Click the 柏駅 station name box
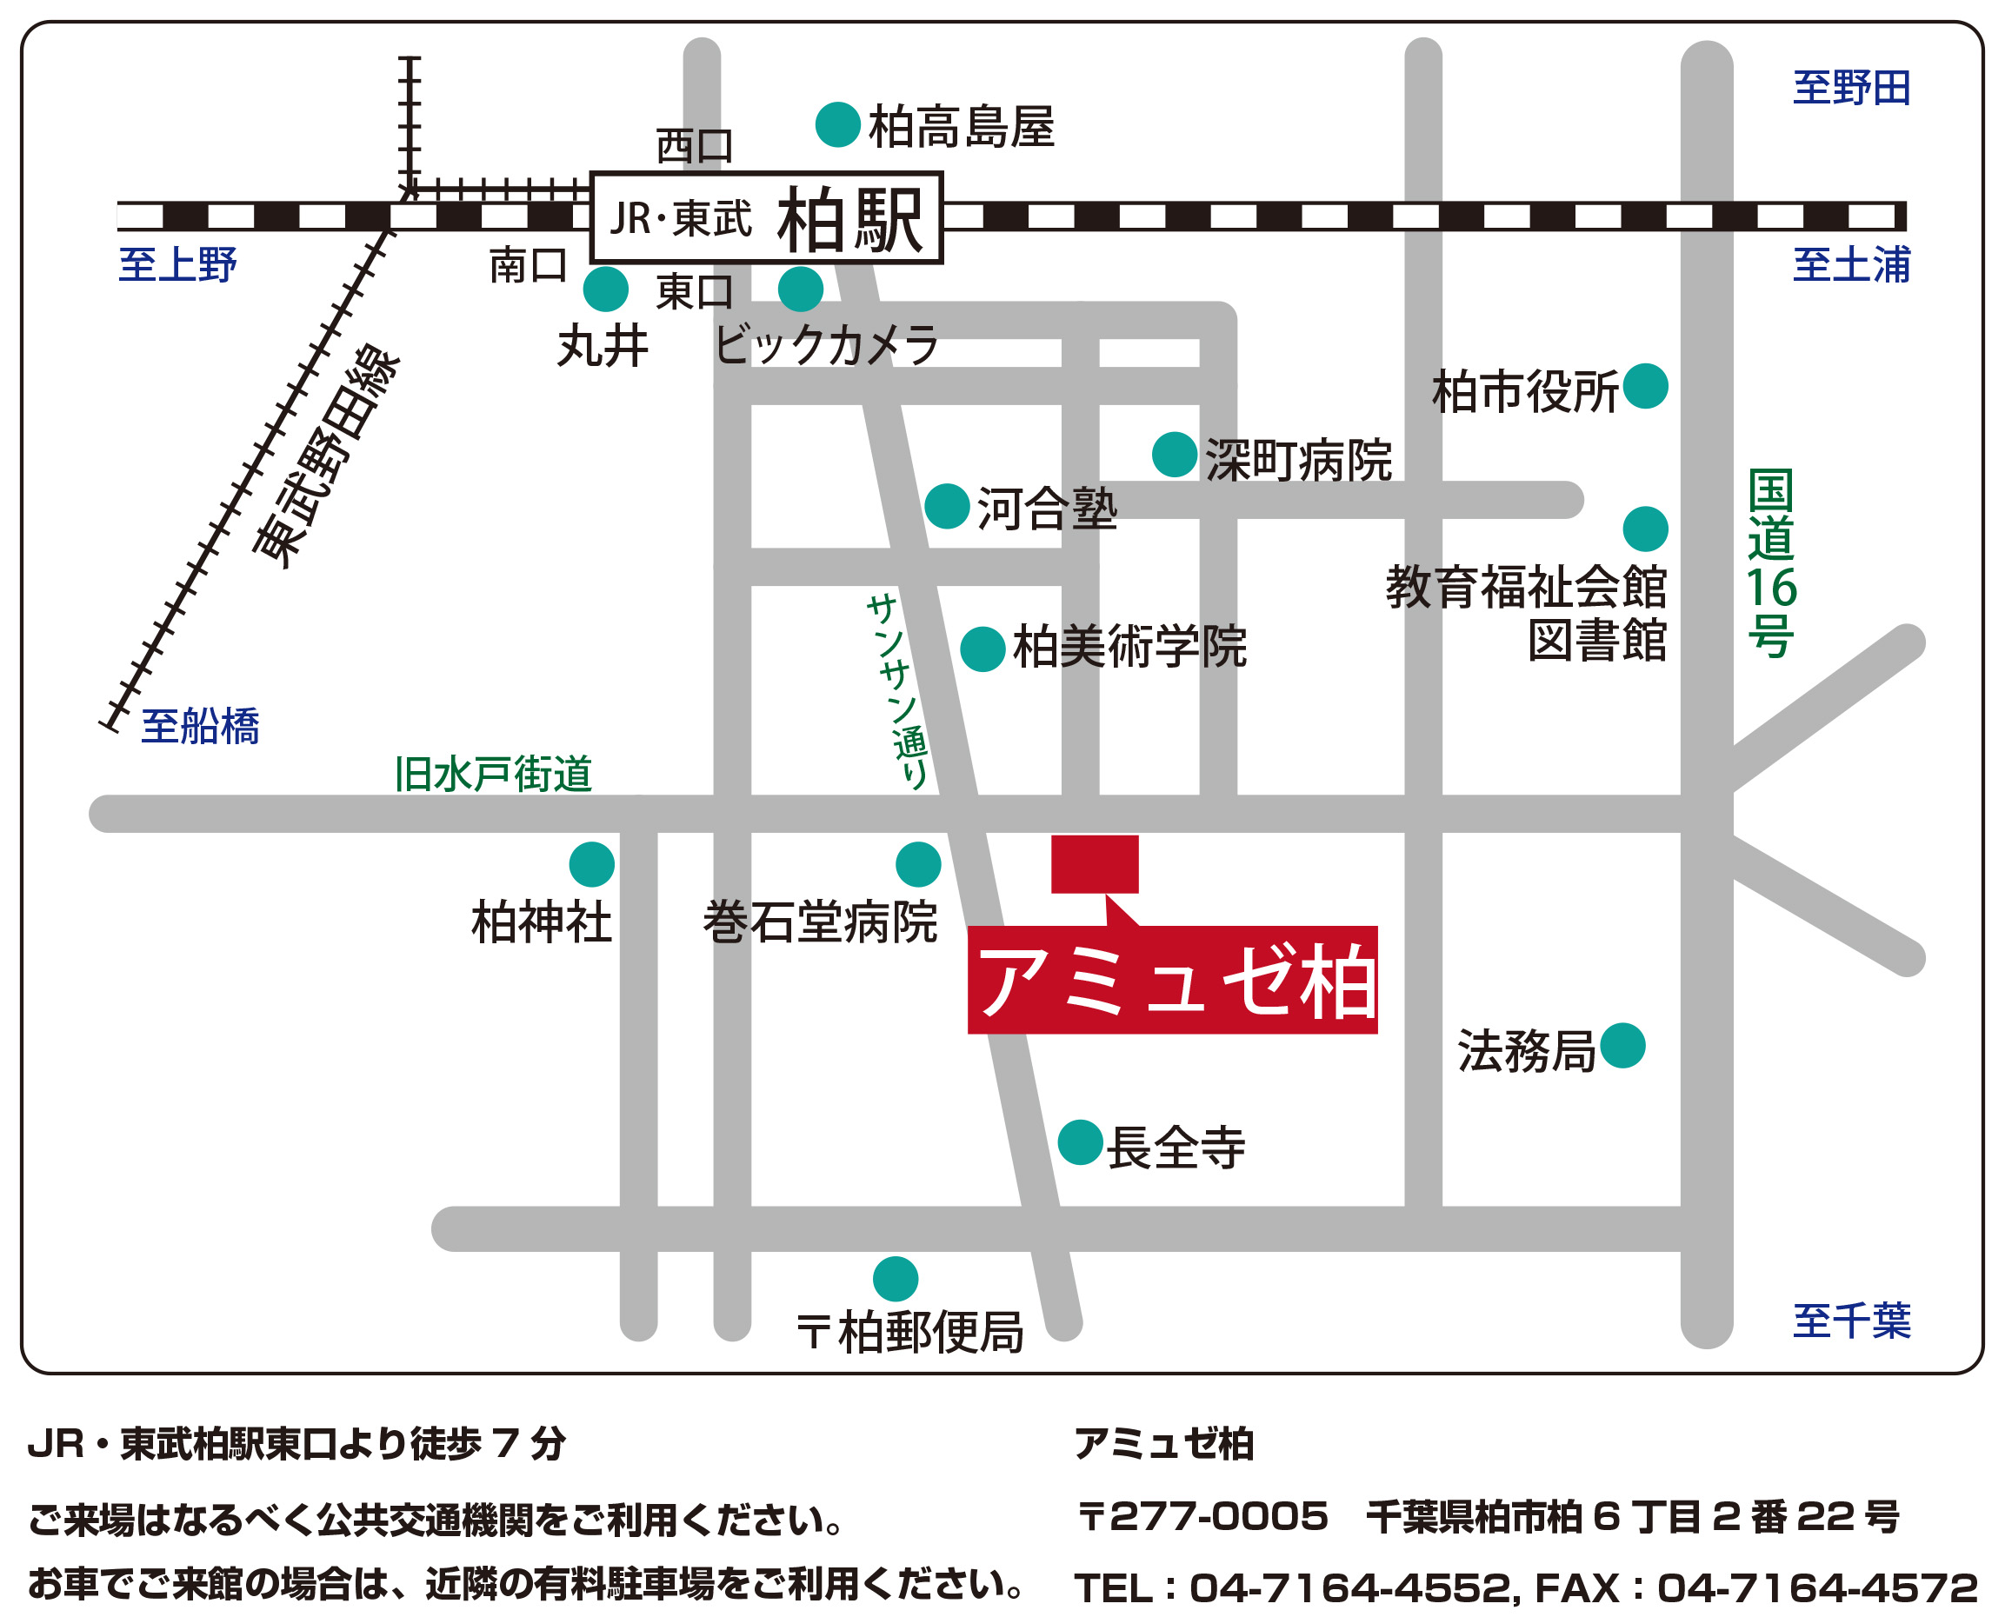click(x=767, y=218)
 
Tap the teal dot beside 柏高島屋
click(x=836, y=125)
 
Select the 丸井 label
click(x=602, y=347)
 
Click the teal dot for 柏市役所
click(x=1644, y=386)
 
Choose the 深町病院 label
click(x=1298, y=460)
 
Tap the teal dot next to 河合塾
click(x=947, y=506)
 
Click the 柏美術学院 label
click(x=1129, y=647)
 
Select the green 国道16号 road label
click(x=1769, y=562)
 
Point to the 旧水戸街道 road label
click(x=493, y=774)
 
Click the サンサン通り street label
click(x=897, y=691)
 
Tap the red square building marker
click(x=1094, y=863)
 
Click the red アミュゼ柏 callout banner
click(x=1171, y=981)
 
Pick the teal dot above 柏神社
click(x=591, y=864)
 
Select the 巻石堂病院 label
click(x=820, y=922)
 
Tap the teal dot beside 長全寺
click(x=1080, y=1142)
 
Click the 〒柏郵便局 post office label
click(x=910, y=1333)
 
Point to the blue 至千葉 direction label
click(x=1850, y=1321)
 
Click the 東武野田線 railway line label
click(x=325, y=456)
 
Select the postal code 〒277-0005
click(x=1201, y=1516)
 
